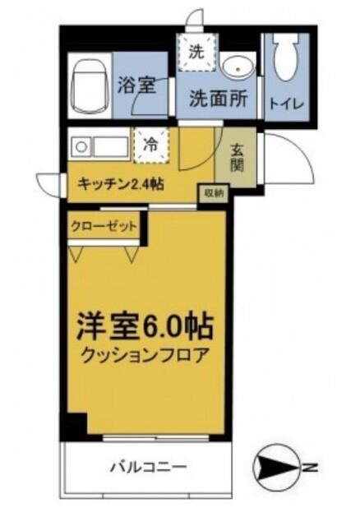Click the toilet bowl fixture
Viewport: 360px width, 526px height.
coord(285,59)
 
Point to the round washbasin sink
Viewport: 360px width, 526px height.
coord(239,67)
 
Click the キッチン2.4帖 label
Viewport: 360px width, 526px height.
coord(120,184)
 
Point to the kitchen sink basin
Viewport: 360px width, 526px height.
coord(110,147)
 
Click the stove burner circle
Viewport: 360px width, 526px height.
coord(81,147)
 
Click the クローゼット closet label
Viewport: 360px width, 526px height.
coord(103,225)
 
